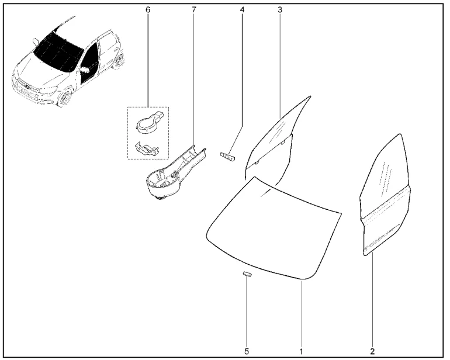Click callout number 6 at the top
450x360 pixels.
(x=147, y=11)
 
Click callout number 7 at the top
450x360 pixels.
(x=193, y=11)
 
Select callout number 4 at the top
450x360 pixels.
(x=242, y=11)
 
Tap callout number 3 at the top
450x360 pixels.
(x=280, y=11)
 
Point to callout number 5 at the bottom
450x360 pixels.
(x=247, y=351)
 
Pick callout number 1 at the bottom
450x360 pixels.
(x=302, y=351)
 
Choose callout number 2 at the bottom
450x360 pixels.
(x=372, y=351)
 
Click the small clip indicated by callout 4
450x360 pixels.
(x=227, y=157)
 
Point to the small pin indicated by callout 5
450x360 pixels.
(x=247, y=274)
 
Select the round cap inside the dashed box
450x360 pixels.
(x=146, y=122)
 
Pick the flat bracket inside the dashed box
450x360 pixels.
(x=146, y=148)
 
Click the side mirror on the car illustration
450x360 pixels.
(x=85, y=70)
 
